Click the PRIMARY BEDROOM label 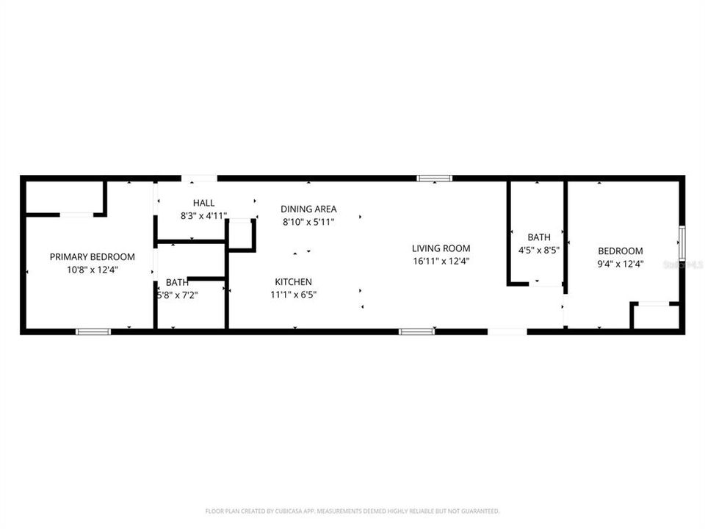(92, 256)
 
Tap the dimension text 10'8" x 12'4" (92, 270)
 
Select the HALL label (204, 203)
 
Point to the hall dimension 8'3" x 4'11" (204, 216)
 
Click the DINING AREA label (308, 209)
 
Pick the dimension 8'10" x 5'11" (308, 222)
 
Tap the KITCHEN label (293, 281)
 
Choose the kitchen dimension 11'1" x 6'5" (293, 295)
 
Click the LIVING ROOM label (441, 248)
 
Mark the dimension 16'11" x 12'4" (441, 262)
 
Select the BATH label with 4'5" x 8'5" (538, 237)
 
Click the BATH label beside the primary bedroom (176, 282)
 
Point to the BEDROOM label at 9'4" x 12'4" (620, 251)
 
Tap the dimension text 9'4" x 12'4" (620, 264)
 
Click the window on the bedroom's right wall (682, 244)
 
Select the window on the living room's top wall (435, 178)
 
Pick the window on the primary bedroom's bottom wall (93, 332)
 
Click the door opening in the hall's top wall (199, 178)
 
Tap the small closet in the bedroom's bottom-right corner (657, 317)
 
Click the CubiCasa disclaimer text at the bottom (352, 511)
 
